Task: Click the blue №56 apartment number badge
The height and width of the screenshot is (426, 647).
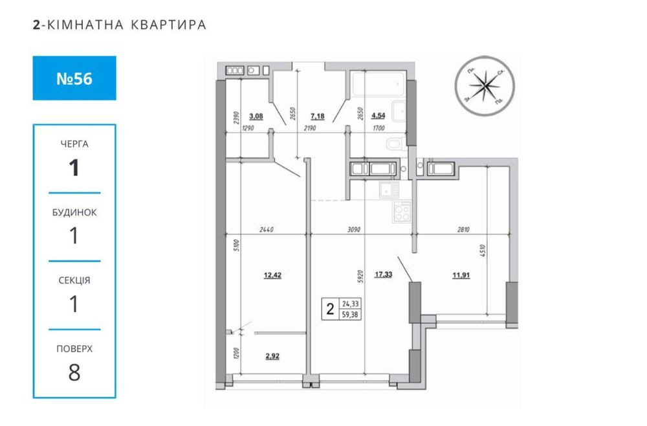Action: (x=74, y=78)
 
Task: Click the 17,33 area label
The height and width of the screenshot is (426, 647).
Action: (x=383, y=275)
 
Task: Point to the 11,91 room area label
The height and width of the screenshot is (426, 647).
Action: (x=462, y=275)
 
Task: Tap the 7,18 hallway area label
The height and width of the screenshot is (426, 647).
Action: (x=318, y=117)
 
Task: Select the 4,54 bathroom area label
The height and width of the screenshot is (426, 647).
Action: (x=378, y=117)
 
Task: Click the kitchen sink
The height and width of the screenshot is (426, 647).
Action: (x=388, y=190)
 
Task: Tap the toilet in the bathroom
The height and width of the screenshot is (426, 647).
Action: (x=395, y=143)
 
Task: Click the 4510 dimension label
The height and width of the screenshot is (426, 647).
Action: (x=483, y=252)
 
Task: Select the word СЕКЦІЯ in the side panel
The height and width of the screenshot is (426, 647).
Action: (x=74, y=280)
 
